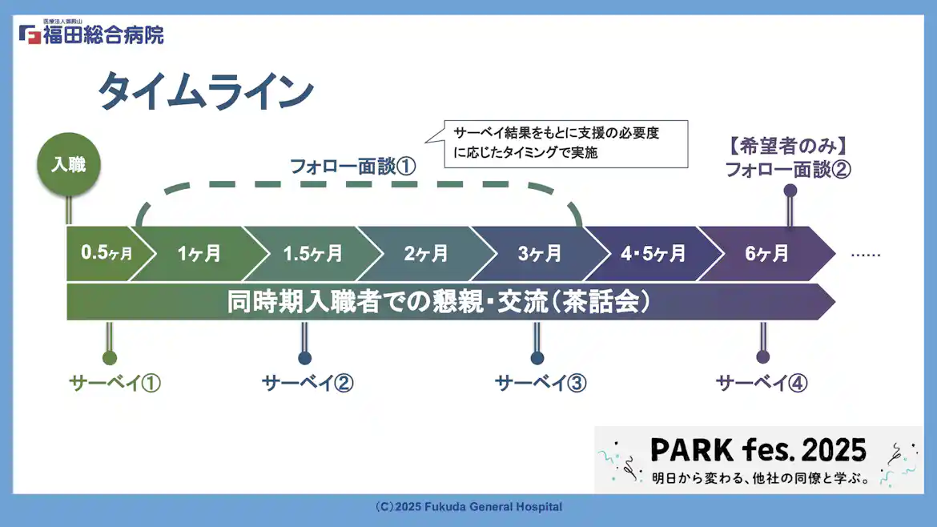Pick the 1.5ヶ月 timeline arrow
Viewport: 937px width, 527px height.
pyautogui.click(x=312, y=254)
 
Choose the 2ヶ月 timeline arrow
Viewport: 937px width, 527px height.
pyautogui.click(x=425, y=254)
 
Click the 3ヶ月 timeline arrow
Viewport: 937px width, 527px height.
pyautogui.click(x=539, y=254)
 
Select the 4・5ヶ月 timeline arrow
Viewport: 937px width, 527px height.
pyautogui.click(x=653, y=254)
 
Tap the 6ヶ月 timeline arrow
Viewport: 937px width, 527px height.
pyautogui.click(x=766, y=254)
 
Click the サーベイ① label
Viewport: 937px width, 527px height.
pyautogui.click(x=115, y=383)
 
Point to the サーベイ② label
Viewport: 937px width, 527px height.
pyautogui.click(x=308, y=383)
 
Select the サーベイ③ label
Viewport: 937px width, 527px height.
pyautogui.click(x=541, y=383)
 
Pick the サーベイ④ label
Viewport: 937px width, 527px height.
pyautogui.click(x=762, y=383)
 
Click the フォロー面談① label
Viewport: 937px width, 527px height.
pyautogui.click(x=352, y=167)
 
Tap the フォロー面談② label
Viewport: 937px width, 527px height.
pyautogui.click(x=788, y=170)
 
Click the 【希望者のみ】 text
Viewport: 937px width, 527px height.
pyautogui.click(x=788, y=147)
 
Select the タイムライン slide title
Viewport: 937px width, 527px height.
pyautogui.click(x=205, y=91)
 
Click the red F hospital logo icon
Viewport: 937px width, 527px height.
pyautogui.click(x=30, y=35)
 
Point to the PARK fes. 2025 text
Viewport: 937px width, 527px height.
pyautogui.click(x=758, y=450)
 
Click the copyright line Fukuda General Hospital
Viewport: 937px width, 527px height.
pyautogui.click(x=468, y=507)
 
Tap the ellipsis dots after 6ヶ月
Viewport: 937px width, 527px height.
pyautogui.click(x=865, y=255)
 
